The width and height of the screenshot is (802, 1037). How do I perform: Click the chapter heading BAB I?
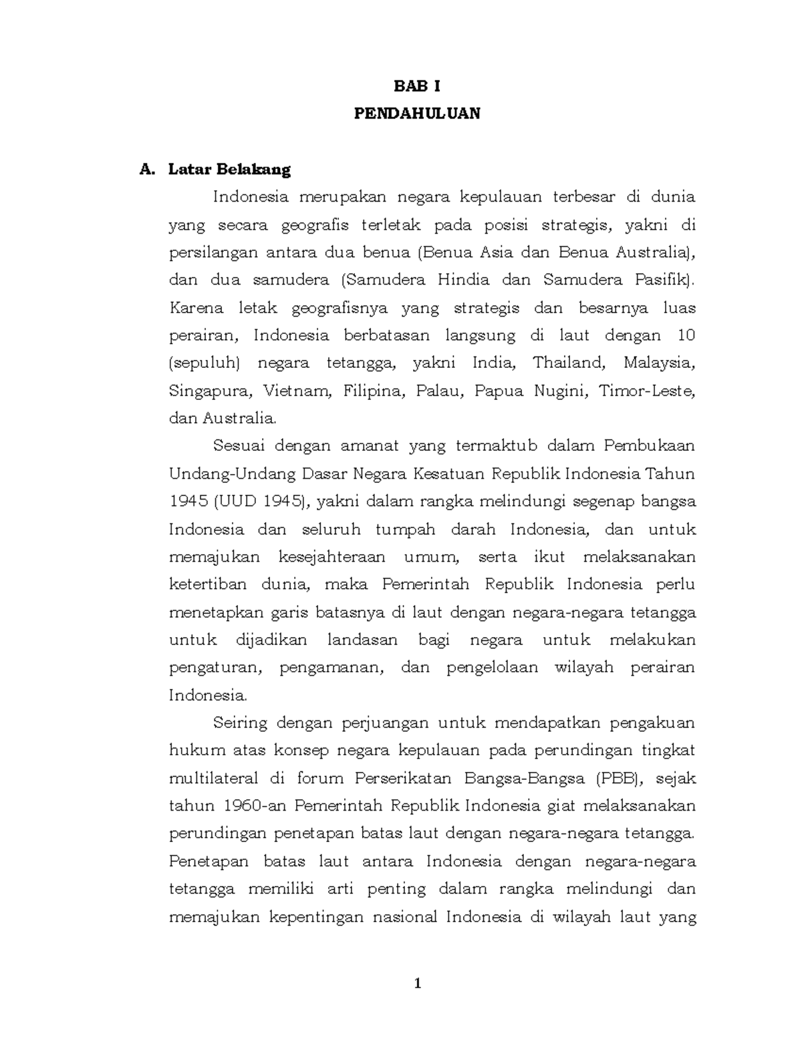tap(416, 86)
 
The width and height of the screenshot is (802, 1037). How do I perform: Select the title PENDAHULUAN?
tap(416, 114)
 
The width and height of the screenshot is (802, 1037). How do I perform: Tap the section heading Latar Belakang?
tap(229, 169)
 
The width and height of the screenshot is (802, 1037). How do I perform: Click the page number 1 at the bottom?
tap(418, 984)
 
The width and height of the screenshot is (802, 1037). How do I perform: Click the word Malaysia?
tap(659, 363)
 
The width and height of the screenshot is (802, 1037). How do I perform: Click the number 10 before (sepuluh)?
tap(686, 335)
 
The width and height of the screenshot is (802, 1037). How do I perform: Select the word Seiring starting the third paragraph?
tap(240, 722)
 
